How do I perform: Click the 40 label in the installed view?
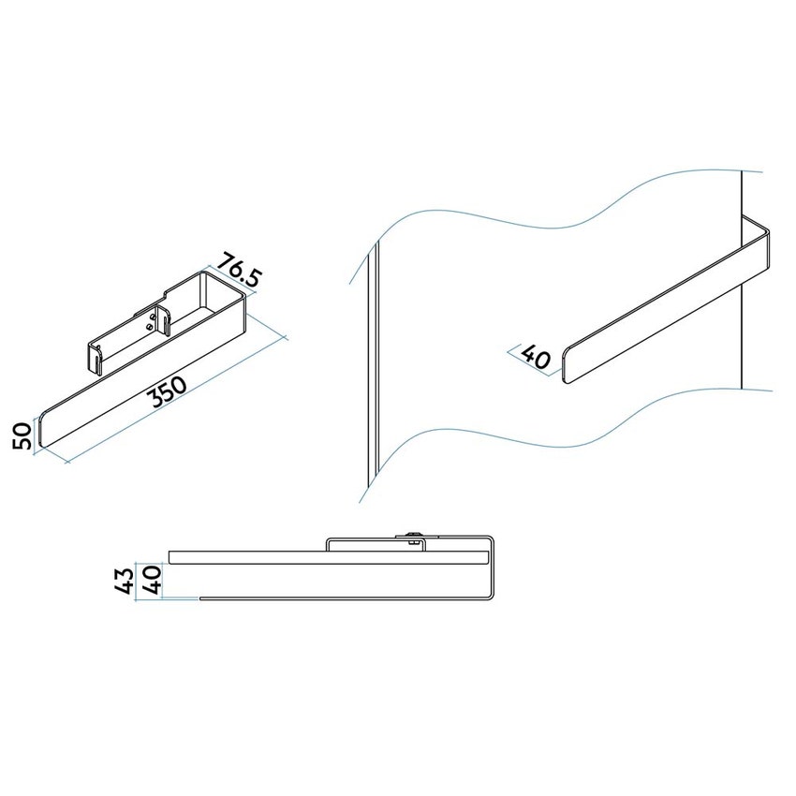(x=535, y=357)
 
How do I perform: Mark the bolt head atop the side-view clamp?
(x=413, y=536)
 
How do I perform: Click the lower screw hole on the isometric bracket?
(x=153, y=328)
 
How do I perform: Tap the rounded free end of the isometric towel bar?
(x=42, y=432)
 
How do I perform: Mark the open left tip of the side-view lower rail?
(x=199, y=597)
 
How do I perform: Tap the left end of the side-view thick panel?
(x=170, y=557)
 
